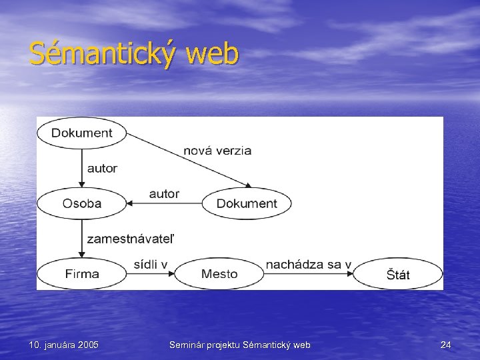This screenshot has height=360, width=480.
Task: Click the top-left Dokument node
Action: [81, 133]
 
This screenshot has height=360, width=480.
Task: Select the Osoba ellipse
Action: [82, 203]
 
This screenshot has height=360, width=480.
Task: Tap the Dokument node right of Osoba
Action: [247, 203]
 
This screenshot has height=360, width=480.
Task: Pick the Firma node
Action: [82, 273]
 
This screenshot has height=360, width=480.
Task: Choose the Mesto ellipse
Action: [219, 273]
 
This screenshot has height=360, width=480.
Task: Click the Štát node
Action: [398, 274]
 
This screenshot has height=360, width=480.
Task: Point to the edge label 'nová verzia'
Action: [217, 151]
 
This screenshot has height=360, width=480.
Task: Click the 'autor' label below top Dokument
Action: [102, 168]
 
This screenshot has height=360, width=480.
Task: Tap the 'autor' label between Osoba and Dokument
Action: [164, 193]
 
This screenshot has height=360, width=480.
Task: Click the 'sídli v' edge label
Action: [151, 264]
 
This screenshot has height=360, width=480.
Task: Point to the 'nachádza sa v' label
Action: [308, 264]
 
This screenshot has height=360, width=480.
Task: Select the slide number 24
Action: [446, 345]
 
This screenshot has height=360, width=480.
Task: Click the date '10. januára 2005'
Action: [64, 345]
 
